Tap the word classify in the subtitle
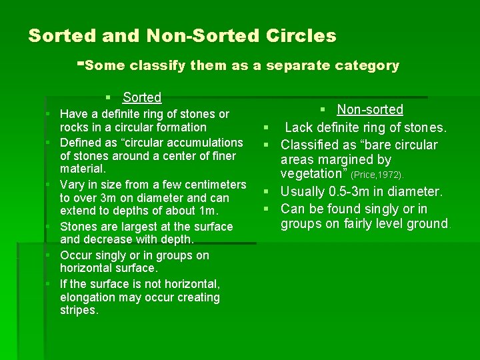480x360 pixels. click(157, 65)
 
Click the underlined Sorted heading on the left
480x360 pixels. click(142, 97)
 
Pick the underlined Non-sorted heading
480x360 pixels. click(370, 109)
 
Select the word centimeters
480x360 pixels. click(208, 184)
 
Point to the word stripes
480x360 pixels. click(79, 311)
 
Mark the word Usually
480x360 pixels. click(305, 192)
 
